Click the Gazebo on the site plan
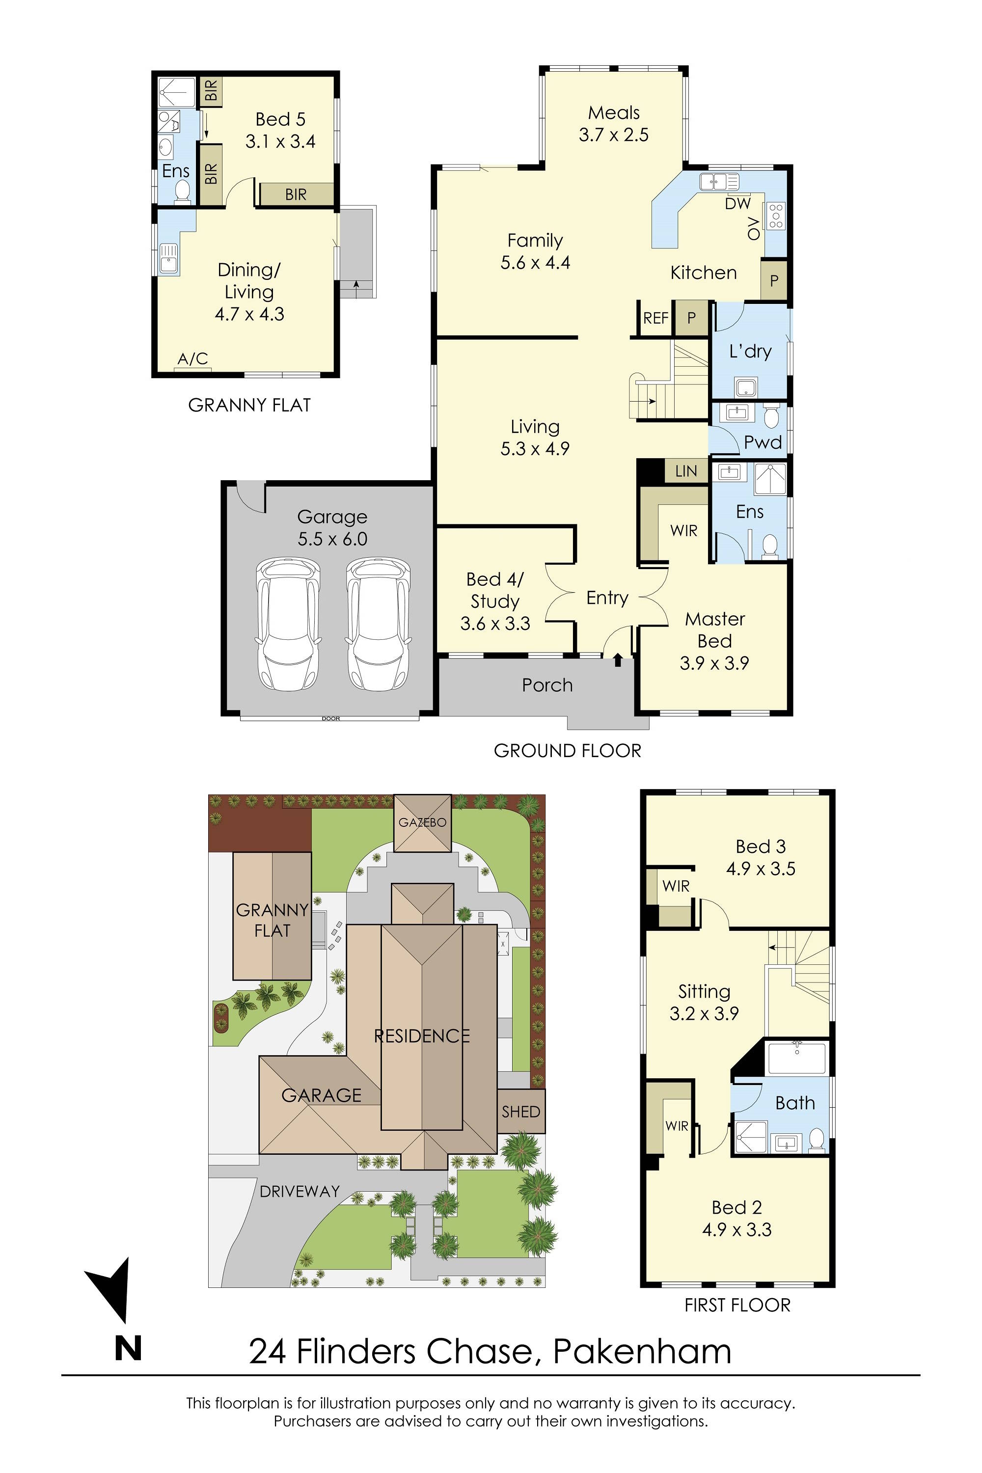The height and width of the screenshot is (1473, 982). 422,823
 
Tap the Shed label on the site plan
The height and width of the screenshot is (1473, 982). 520,1112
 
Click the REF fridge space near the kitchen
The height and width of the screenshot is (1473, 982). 655,318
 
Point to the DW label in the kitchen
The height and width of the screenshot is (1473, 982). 738,204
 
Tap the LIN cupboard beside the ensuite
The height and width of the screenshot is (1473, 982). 686,471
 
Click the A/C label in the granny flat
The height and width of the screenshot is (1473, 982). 192,359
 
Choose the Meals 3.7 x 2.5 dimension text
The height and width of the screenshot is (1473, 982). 613,135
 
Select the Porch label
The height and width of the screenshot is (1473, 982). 547,685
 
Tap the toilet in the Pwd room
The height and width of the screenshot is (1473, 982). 771,416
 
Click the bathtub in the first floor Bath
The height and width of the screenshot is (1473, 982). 796,1059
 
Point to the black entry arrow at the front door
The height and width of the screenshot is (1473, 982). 618,659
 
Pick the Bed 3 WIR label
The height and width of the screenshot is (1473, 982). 676,886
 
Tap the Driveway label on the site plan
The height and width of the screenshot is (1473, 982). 300,1192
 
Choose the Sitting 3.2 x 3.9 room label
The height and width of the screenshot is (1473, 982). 704,1003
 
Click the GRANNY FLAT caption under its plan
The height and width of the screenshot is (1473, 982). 249,405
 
